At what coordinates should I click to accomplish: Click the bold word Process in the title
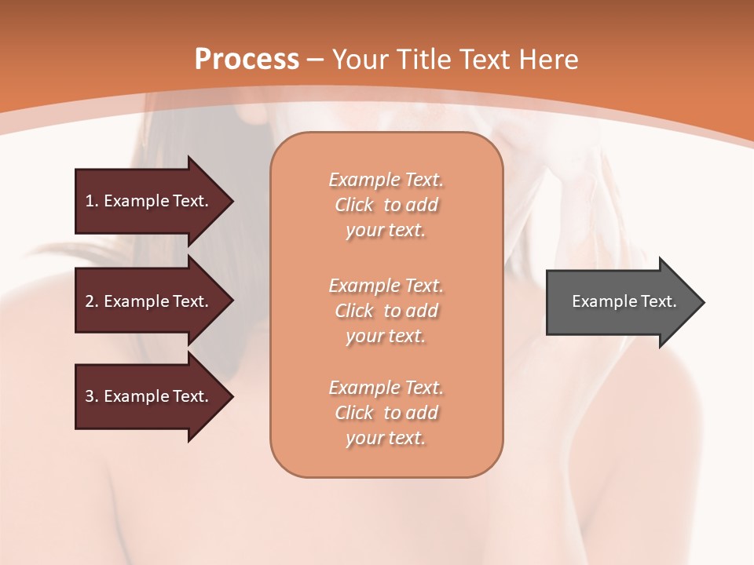[x=247, y=60]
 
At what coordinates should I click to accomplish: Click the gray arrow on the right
[x=620, y=301]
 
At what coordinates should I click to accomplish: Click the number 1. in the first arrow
[x=91, y=201]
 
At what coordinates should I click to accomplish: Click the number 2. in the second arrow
[x=91, y=301]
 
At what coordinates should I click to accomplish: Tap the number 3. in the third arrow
[x=91, y=396]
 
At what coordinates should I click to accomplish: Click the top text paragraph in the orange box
[x=386, y=205]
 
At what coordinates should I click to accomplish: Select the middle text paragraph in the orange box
[x=386, y=311]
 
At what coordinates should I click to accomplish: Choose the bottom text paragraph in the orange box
[x=386, y=413]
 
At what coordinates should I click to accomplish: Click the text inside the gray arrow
[x=624, y=301]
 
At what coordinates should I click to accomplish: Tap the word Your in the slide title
[x=357, y=60]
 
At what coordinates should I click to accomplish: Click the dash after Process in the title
[x=316, y=60]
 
